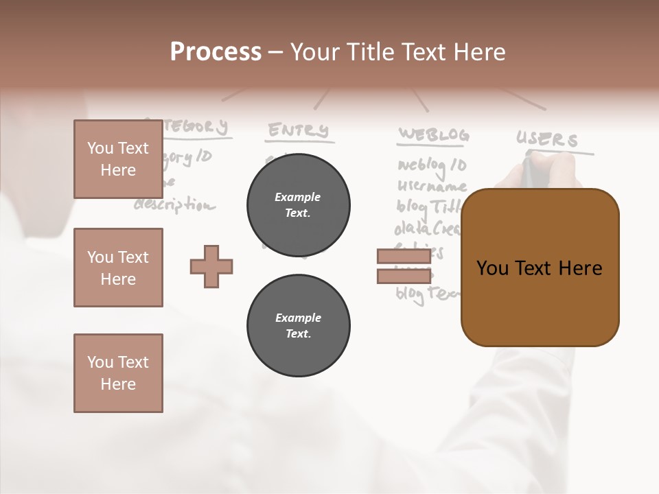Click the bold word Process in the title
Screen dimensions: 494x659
(x=216, y=52)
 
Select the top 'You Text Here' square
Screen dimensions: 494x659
(x=118, y=159)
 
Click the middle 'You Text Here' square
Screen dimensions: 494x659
(x=118, y=268)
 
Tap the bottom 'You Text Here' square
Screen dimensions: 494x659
(x=118, y=373)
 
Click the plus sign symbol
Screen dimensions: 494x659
(x=211, y=266)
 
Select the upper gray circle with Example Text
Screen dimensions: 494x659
(x=298, y=204)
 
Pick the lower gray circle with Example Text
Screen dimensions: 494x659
(x=298, y=325)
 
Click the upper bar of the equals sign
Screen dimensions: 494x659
(x=404, y=257)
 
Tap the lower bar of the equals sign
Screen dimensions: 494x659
(x=404, y=276)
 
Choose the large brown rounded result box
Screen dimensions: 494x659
(x=540, y=268)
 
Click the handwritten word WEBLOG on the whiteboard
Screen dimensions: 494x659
(x=434, y=135)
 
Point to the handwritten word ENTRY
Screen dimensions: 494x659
(x=298, y=130)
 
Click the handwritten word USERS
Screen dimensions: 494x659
(x=547, y=140)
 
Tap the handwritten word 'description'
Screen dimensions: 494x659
(x=174, y=204)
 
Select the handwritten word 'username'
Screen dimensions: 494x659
(x=432, y=186)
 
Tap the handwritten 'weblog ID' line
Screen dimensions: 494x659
(x=432, y=165)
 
